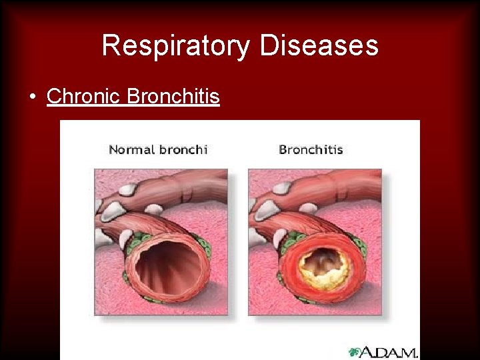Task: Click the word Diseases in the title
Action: tap(319, 46)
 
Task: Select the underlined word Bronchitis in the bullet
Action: tap(173, 97)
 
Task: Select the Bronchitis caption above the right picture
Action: tap(311, 149)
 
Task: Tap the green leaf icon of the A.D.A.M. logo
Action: tap(354, 351)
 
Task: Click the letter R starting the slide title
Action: tap(111, 46)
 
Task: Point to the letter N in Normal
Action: tap(114, 149)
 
